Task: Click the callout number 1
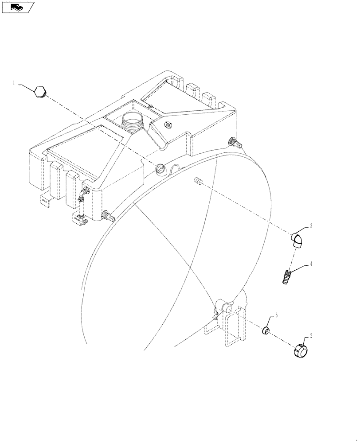14,83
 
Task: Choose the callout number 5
277,315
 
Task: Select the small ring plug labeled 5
265,330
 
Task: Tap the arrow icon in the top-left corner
17,7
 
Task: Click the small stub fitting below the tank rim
198,181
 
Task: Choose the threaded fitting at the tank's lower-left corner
107,217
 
